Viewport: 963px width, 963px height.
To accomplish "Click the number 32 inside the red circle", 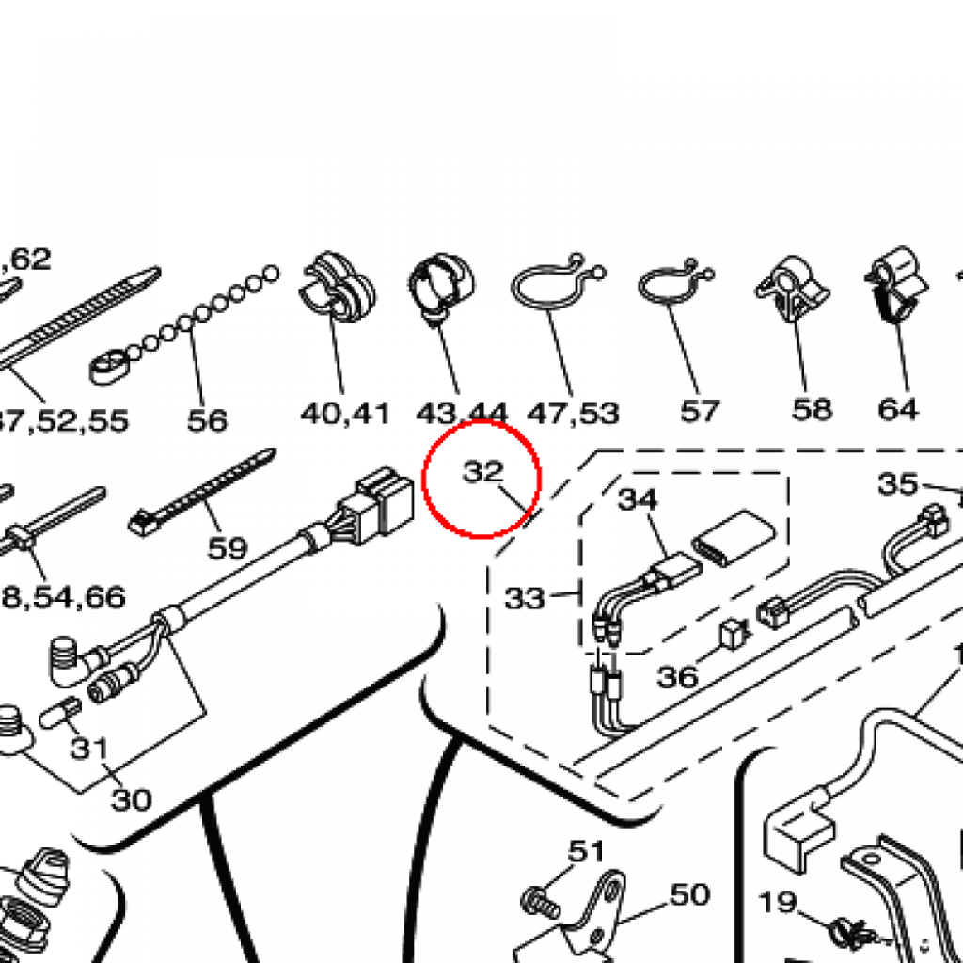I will pos(483,471).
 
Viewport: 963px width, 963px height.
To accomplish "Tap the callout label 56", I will pos(207,419).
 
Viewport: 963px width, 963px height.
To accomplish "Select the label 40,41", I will pos(344,412).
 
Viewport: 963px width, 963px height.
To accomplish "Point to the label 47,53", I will pos(573,412).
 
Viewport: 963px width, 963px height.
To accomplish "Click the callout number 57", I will pos(699,410).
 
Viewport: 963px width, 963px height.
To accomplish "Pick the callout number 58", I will pos(812,409).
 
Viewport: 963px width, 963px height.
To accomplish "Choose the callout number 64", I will pos(897,409).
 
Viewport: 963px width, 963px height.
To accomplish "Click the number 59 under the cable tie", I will pos(227,547).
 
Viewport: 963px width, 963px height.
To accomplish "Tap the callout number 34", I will pos(638,499).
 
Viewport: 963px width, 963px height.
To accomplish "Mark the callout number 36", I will pos(677,676).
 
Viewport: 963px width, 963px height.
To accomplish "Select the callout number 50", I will pos(689,894).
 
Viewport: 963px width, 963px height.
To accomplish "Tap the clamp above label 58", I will pos(792,287).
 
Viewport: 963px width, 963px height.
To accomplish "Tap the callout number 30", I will pos(131,799).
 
